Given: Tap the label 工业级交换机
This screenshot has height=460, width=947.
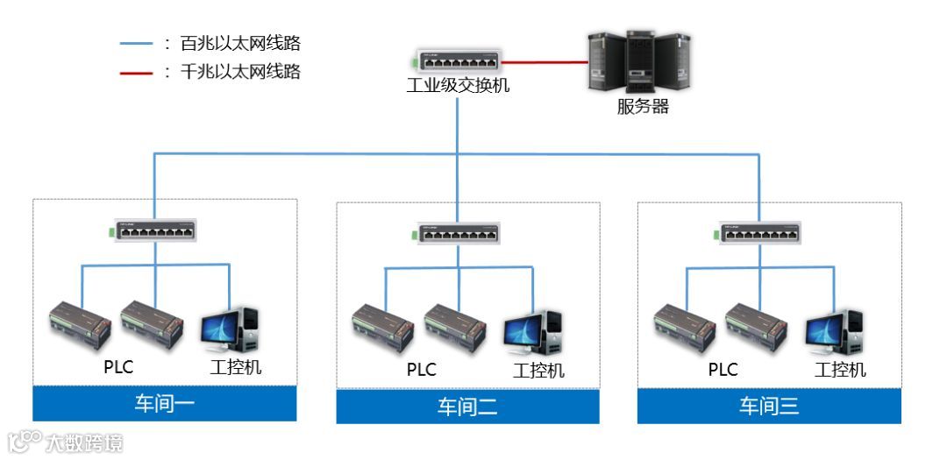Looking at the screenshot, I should click(x=457, y=87).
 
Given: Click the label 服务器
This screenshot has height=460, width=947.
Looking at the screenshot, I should click(x=643, y=108).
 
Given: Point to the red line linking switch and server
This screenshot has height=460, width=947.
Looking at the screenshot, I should click(x=544, y=62).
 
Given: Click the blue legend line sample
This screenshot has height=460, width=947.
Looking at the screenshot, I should click(x=136, y=43).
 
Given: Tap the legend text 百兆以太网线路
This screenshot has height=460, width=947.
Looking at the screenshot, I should click(x=240, y=43).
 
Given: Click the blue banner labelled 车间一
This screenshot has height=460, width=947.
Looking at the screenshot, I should click(x=165, y=403).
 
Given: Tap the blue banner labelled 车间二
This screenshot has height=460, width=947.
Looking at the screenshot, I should click(x=468, y=407).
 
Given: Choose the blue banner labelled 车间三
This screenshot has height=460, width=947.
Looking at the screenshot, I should click(x=769, y=406).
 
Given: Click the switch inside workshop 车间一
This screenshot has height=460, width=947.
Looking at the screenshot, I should click(x=153, y=231).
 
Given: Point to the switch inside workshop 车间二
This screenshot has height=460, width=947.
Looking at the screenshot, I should click(x=456, y=234).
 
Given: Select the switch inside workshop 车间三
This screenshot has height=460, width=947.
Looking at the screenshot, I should click(x=759, y=233).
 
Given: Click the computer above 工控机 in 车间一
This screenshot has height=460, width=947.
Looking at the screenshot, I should click(x=230, y=330).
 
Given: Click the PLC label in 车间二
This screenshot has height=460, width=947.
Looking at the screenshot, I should click(x=421, y=370).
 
